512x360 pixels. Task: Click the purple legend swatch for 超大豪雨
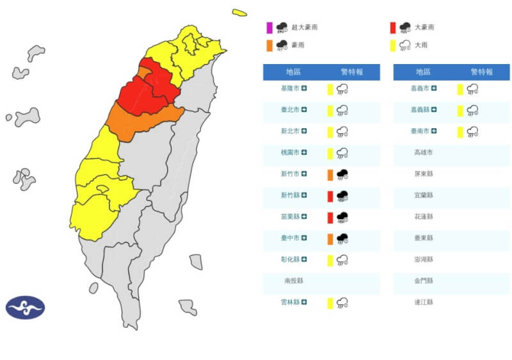(269, 27)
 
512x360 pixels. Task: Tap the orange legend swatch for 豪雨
(269, 45)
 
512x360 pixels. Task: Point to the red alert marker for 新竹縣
(330, 196)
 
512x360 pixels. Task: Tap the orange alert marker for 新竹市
(330, 174)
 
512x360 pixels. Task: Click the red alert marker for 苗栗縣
(330, 217)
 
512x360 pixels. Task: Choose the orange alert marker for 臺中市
(330, 238)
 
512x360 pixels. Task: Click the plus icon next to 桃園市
(305, 153)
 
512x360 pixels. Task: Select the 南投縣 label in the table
(296, 281)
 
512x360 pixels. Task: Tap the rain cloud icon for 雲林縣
(342, 302)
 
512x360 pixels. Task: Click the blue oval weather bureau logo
(26, 307)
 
